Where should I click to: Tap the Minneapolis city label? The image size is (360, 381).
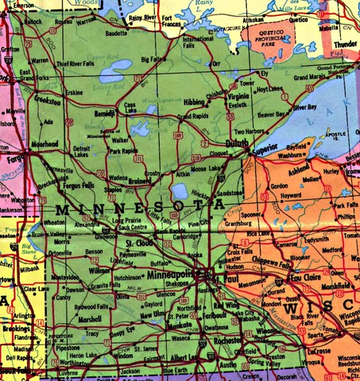(170, 274)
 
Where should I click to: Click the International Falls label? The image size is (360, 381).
(199, 42)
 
